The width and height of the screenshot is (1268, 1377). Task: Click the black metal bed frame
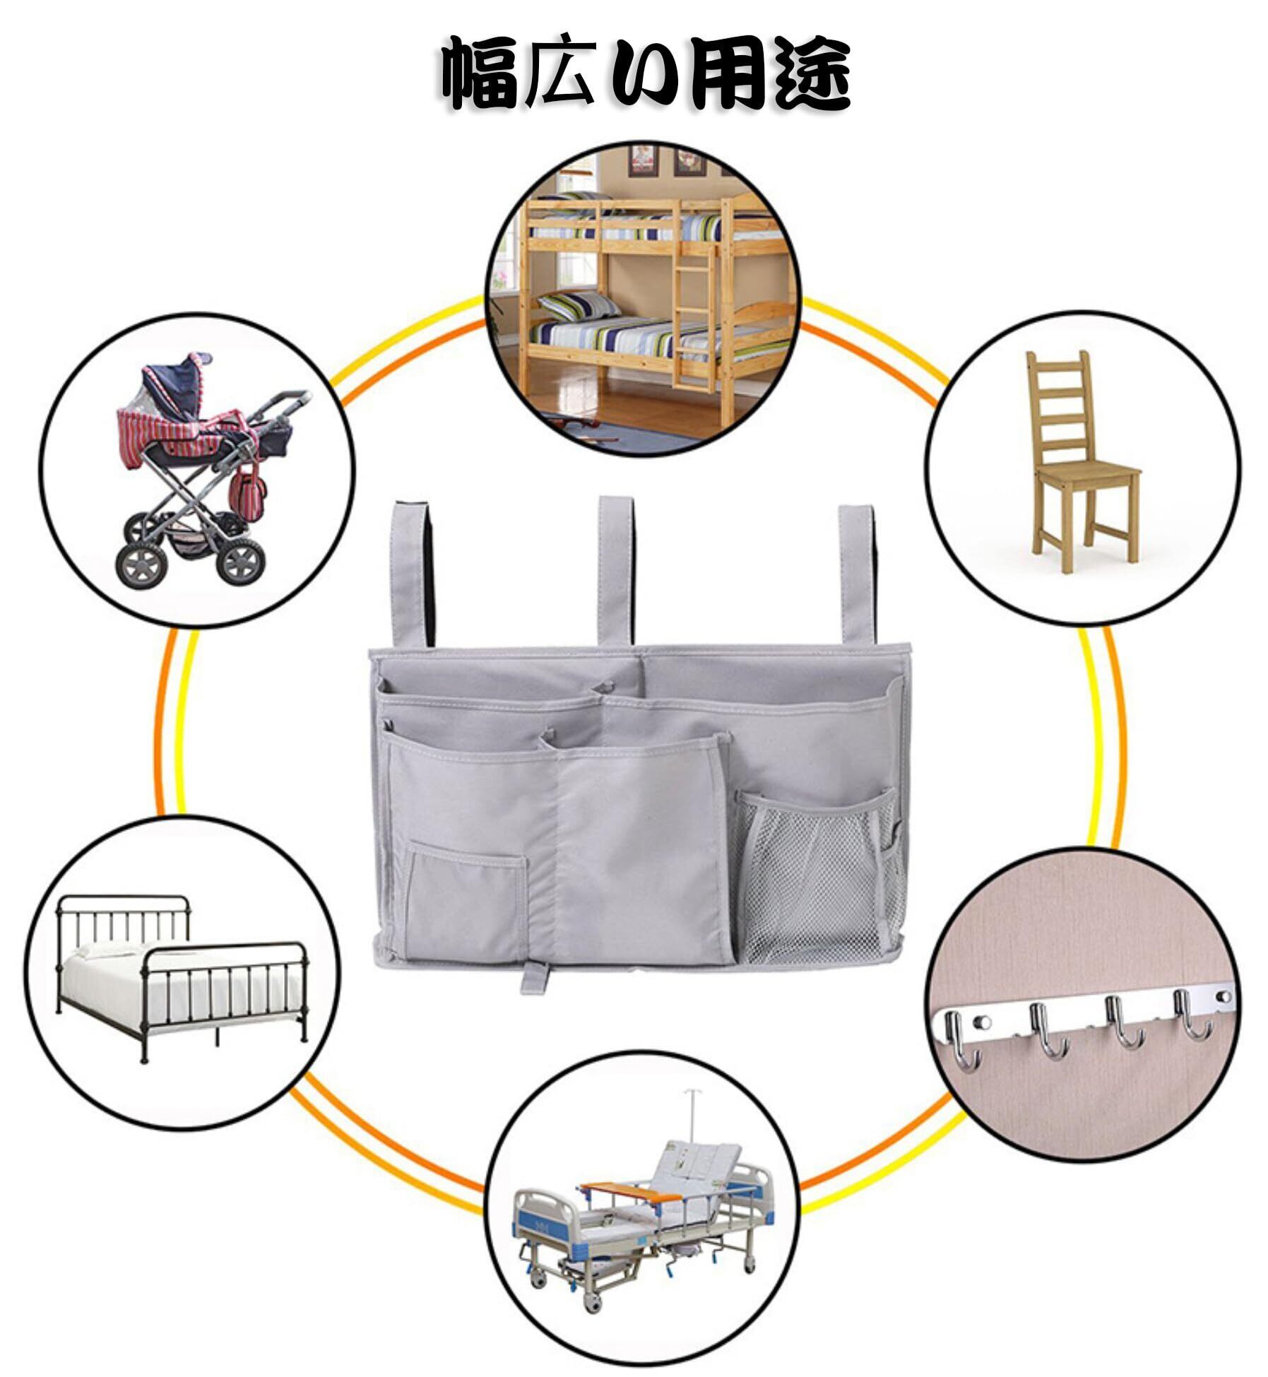[x=182, y=975]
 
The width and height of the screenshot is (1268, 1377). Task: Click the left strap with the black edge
[x=413, y=572]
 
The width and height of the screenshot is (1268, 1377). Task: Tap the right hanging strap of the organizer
[x=857, y=572]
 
